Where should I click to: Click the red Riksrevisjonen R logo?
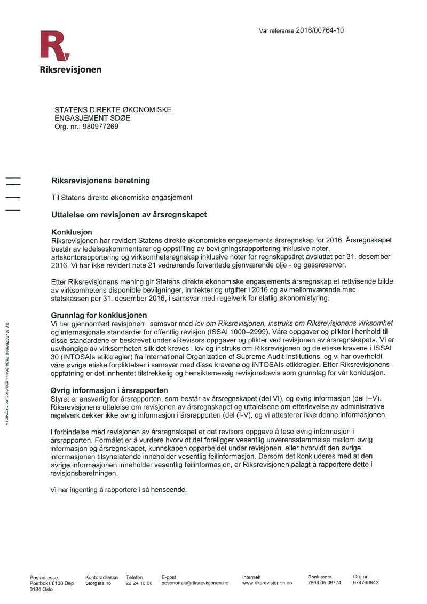pyautogui.click(x=54, y=46)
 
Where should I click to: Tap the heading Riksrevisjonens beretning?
pyautogui.click(x=100, y=181)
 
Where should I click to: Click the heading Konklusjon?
pyautogui.click(x=72, y=232)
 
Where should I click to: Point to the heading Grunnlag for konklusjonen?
pyautogui.click(x=99, y=316)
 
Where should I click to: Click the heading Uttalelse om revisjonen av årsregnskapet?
pyautogui.click(x=129, y=215)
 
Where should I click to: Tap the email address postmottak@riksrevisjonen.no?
pyautogui.click(x=195, y=583)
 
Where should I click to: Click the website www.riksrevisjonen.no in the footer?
pyautogui.click(x=267, y=583)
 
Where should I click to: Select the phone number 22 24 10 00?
pyautogui.click(x=139, y=583)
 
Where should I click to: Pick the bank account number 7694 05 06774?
pyautogui.click(x=324, y=583)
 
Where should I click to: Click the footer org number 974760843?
pyautogui.click(x=366, y=583)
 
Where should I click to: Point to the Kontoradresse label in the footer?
pyautogui.click(x=101, y=577)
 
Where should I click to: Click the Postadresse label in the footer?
pyautogui.click(x=44, y=577)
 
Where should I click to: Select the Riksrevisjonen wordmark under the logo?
pyautogui.click(x=70, y=69)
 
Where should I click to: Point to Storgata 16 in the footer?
pyautogui.click(x=98, y=583)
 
